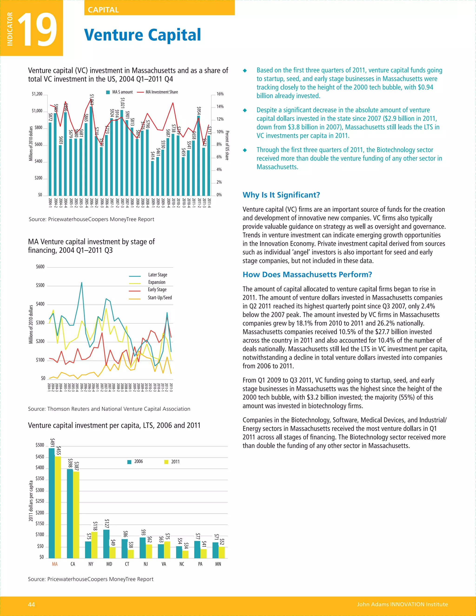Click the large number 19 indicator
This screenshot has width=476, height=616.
37,30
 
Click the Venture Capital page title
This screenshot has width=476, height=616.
142,35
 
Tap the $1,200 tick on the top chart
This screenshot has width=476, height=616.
37,94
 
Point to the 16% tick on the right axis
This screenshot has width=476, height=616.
220,94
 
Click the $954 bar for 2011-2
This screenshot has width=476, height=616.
198,155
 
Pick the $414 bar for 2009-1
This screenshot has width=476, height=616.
152,178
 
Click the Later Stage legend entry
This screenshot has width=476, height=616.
157,275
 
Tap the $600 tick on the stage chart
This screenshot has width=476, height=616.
40,267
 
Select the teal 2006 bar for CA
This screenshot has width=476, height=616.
70,513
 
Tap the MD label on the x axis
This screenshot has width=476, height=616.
109,564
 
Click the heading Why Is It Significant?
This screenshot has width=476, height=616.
281,195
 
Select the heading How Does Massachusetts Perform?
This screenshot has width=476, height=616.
307,275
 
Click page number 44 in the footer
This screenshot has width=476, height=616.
31,604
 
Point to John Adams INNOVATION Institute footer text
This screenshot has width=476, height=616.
402,604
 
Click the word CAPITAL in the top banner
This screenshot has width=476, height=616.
103,10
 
